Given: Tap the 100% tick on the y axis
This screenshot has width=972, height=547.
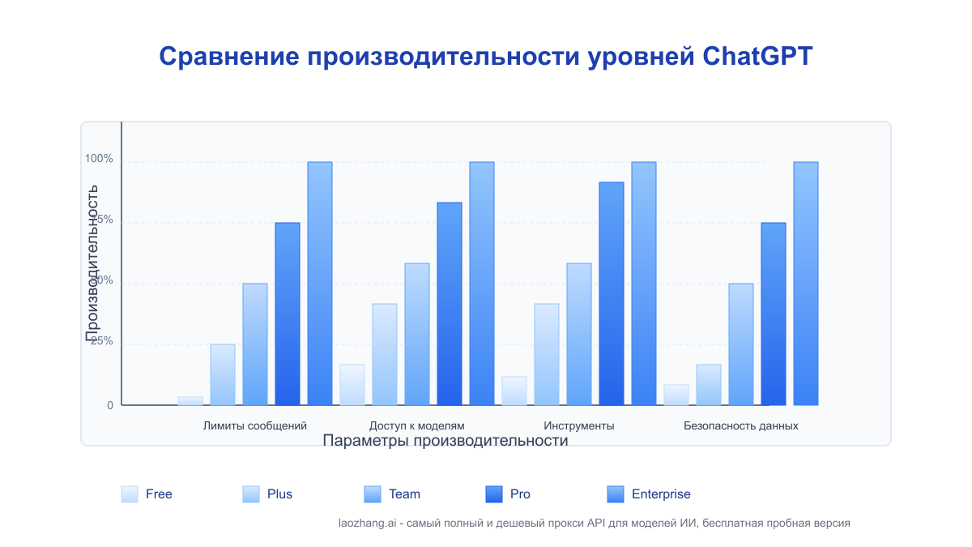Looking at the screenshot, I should tap(100, 159).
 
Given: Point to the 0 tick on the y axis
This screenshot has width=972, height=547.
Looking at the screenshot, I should tap(110, 405).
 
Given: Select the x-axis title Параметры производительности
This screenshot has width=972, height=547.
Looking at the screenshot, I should tap(445, 441).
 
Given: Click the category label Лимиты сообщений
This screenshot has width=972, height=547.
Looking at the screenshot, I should tap(254, 425).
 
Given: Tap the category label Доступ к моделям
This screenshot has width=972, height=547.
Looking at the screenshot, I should tap(416, 425).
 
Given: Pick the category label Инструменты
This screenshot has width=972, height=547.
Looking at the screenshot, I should tap(578, 425).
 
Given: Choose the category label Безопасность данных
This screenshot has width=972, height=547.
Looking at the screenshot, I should tap(740, 425).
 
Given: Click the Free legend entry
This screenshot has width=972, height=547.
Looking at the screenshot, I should tap(159, 494).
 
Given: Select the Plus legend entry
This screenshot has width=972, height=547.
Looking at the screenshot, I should tap(279, 494).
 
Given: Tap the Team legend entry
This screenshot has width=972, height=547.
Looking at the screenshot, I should tap(404, 494).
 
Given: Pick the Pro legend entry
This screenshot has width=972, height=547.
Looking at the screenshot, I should tap(520, 494).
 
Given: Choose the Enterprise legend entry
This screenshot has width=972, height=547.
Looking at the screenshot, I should tap(661, 494).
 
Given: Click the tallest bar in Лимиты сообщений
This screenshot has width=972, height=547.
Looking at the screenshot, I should tap(320, 284).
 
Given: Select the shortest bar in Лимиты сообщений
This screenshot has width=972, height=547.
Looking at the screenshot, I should tap(190, 400).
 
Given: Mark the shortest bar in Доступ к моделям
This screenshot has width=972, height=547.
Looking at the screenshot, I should tap(352, 385).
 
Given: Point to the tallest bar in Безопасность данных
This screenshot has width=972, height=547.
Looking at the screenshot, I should tap(806, 284).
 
